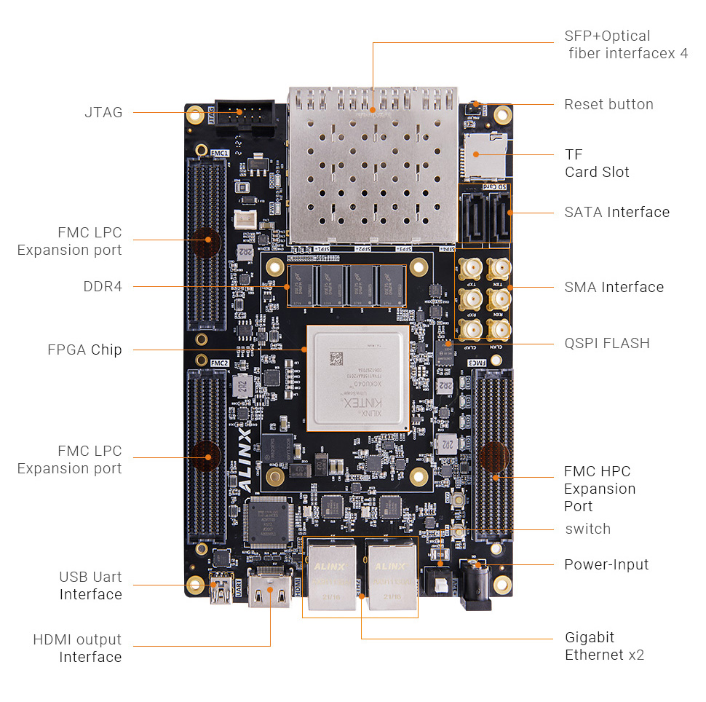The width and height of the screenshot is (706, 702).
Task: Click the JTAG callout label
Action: (x=103, y=112)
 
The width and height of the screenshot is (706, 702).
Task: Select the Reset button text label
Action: (x=608, y=104)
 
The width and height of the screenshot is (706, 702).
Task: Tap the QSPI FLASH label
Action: (x=607, y=343)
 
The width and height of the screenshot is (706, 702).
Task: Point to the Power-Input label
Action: (x=606, y=564)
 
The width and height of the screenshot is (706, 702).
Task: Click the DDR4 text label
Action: (x=103, y=286)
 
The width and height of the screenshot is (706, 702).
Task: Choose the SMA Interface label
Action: (x=614, y=287)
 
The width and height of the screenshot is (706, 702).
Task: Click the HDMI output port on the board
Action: (x=270, y=588)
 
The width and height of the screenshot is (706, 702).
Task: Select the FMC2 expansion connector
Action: (x=207, y=455)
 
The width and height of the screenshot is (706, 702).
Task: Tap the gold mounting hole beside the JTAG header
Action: (x=195, y=114)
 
